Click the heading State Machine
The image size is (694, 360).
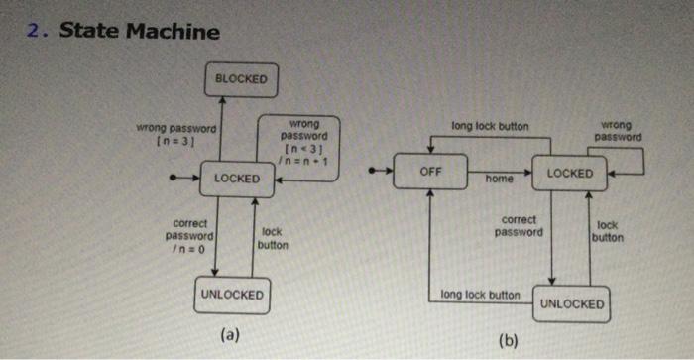click(x=139, y=31)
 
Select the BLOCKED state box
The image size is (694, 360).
click(x=241, y=79)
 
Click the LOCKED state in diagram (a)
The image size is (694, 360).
click(x=237, y=179)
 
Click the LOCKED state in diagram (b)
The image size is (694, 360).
click(x=569, y=173)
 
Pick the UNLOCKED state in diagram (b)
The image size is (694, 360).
click(x=571, y=303)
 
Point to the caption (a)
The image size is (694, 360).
click(x=230, y=334)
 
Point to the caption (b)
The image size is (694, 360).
click(x=509, y=341)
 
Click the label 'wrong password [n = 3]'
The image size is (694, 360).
click(x=177, y=134)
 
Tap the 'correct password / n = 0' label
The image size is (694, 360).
click(x=189, y=236)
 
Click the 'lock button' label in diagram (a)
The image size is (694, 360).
click(x=273, y=238)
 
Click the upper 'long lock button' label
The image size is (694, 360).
click(x=490, y=127)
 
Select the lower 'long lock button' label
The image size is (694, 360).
click(x=480, y=295)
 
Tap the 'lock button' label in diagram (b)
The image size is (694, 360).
click(x=609, y=231)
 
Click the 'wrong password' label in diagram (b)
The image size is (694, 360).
click(x=620, y=131)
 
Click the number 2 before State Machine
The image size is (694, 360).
click(x=36, y=31)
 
